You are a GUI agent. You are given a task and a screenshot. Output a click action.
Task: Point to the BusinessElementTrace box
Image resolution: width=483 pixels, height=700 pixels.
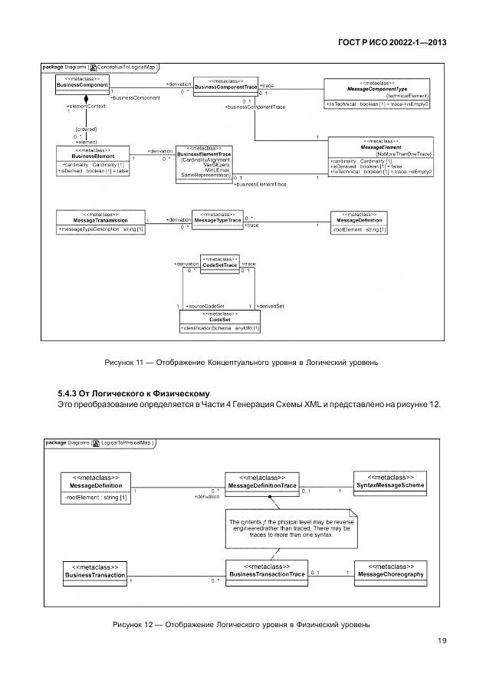204,163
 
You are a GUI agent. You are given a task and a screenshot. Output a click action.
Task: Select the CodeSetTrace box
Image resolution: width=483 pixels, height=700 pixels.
219,263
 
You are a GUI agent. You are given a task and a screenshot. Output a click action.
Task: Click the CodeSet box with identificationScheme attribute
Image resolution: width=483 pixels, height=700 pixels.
220,322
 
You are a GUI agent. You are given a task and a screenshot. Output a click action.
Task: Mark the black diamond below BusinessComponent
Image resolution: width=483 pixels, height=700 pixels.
87,100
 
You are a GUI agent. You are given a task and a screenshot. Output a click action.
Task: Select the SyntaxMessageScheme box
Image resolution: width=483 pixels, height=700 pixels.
391,482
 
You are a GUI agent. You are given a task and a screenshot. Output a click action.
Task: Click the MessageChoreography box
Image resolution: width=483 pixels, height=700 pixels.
391,571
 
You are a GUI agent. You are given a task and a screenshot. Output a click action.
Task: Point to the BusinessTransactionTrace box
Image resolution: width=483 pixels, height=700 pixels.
267,570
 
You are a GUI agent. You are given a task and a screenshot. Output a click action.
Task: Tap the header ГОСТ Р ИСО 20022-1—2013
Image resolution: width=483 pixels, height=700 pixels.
393,44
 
